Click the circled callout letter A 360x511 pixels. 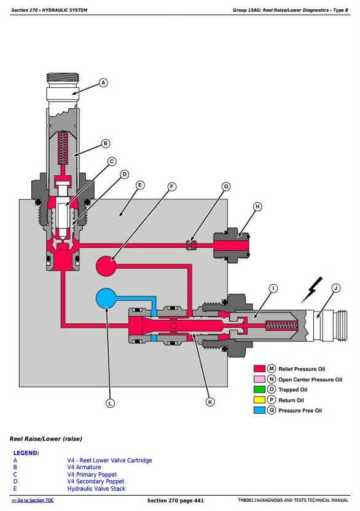(103, 83)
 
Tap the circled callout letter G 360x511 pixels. (226, 186)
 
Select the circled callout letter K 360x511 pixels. (210, 402)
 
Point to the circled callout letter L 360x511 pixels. (110, 403)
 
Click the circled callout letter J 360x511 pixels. (335, 288)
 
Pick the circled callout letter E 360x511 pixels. (140, 186)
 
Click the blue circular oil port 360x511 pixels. (106, 298)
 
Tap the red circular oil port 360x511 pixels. (106, 266)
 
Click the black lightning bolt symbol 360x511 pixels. (312, 290)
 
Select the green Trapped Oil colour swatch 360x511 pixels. (259, 389)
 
